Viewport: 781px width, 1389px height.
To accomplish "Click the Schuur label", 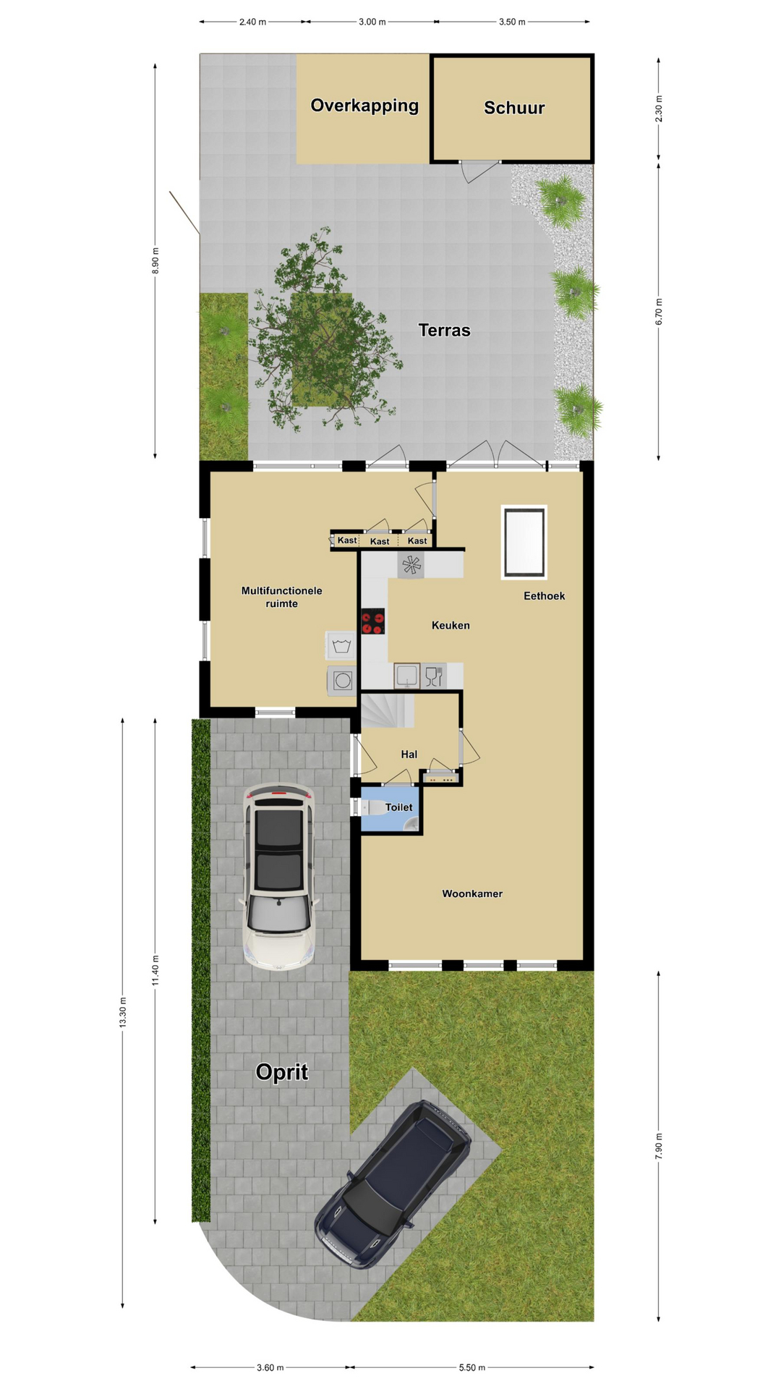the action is [514, 108].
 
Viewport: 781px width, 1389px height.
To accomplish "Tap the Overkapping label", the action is [364, 106].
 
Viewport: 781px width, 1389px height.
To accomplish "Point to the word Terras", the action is [444, 330].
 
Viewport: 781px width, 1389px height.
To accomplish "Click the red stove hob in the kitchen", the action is [373, 621].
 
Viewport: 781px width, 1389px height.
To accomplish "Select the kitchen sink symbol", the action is [407, 676].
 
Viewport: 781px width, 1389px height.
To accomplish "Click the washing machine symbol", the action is [341, 645].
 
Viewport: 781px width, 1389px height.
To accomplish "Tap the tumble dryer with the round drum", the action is [342, 680].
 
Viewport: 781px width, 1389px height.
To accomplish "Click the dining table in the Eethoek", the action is [524, 542].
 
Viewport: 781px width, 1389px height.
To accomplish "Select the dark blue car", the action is [393, 1184].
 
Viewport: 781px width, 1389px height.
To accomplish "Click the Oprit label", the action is [282, 1071].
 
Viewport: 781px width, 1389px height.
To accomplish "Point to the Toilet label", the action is [398, 807].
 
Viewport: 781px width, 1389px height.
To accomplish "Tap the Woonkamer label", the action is [472, 893].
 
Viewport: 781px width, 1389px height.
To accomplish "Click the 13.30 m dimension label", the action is [123, 1012].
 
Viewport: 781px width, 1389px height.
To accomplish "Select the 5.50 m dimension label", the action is [472, 1367].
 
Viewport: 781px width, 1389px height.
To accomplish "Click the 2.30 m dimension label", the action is [659, 109].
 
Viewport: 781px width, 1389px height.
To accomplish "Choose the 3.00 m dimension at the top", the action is [372, 22].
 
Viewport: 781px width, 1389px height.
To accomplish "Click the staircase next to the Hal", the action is [388, 710].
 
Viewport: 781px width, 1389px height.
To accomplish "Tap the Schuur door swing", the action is [479, 171].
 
